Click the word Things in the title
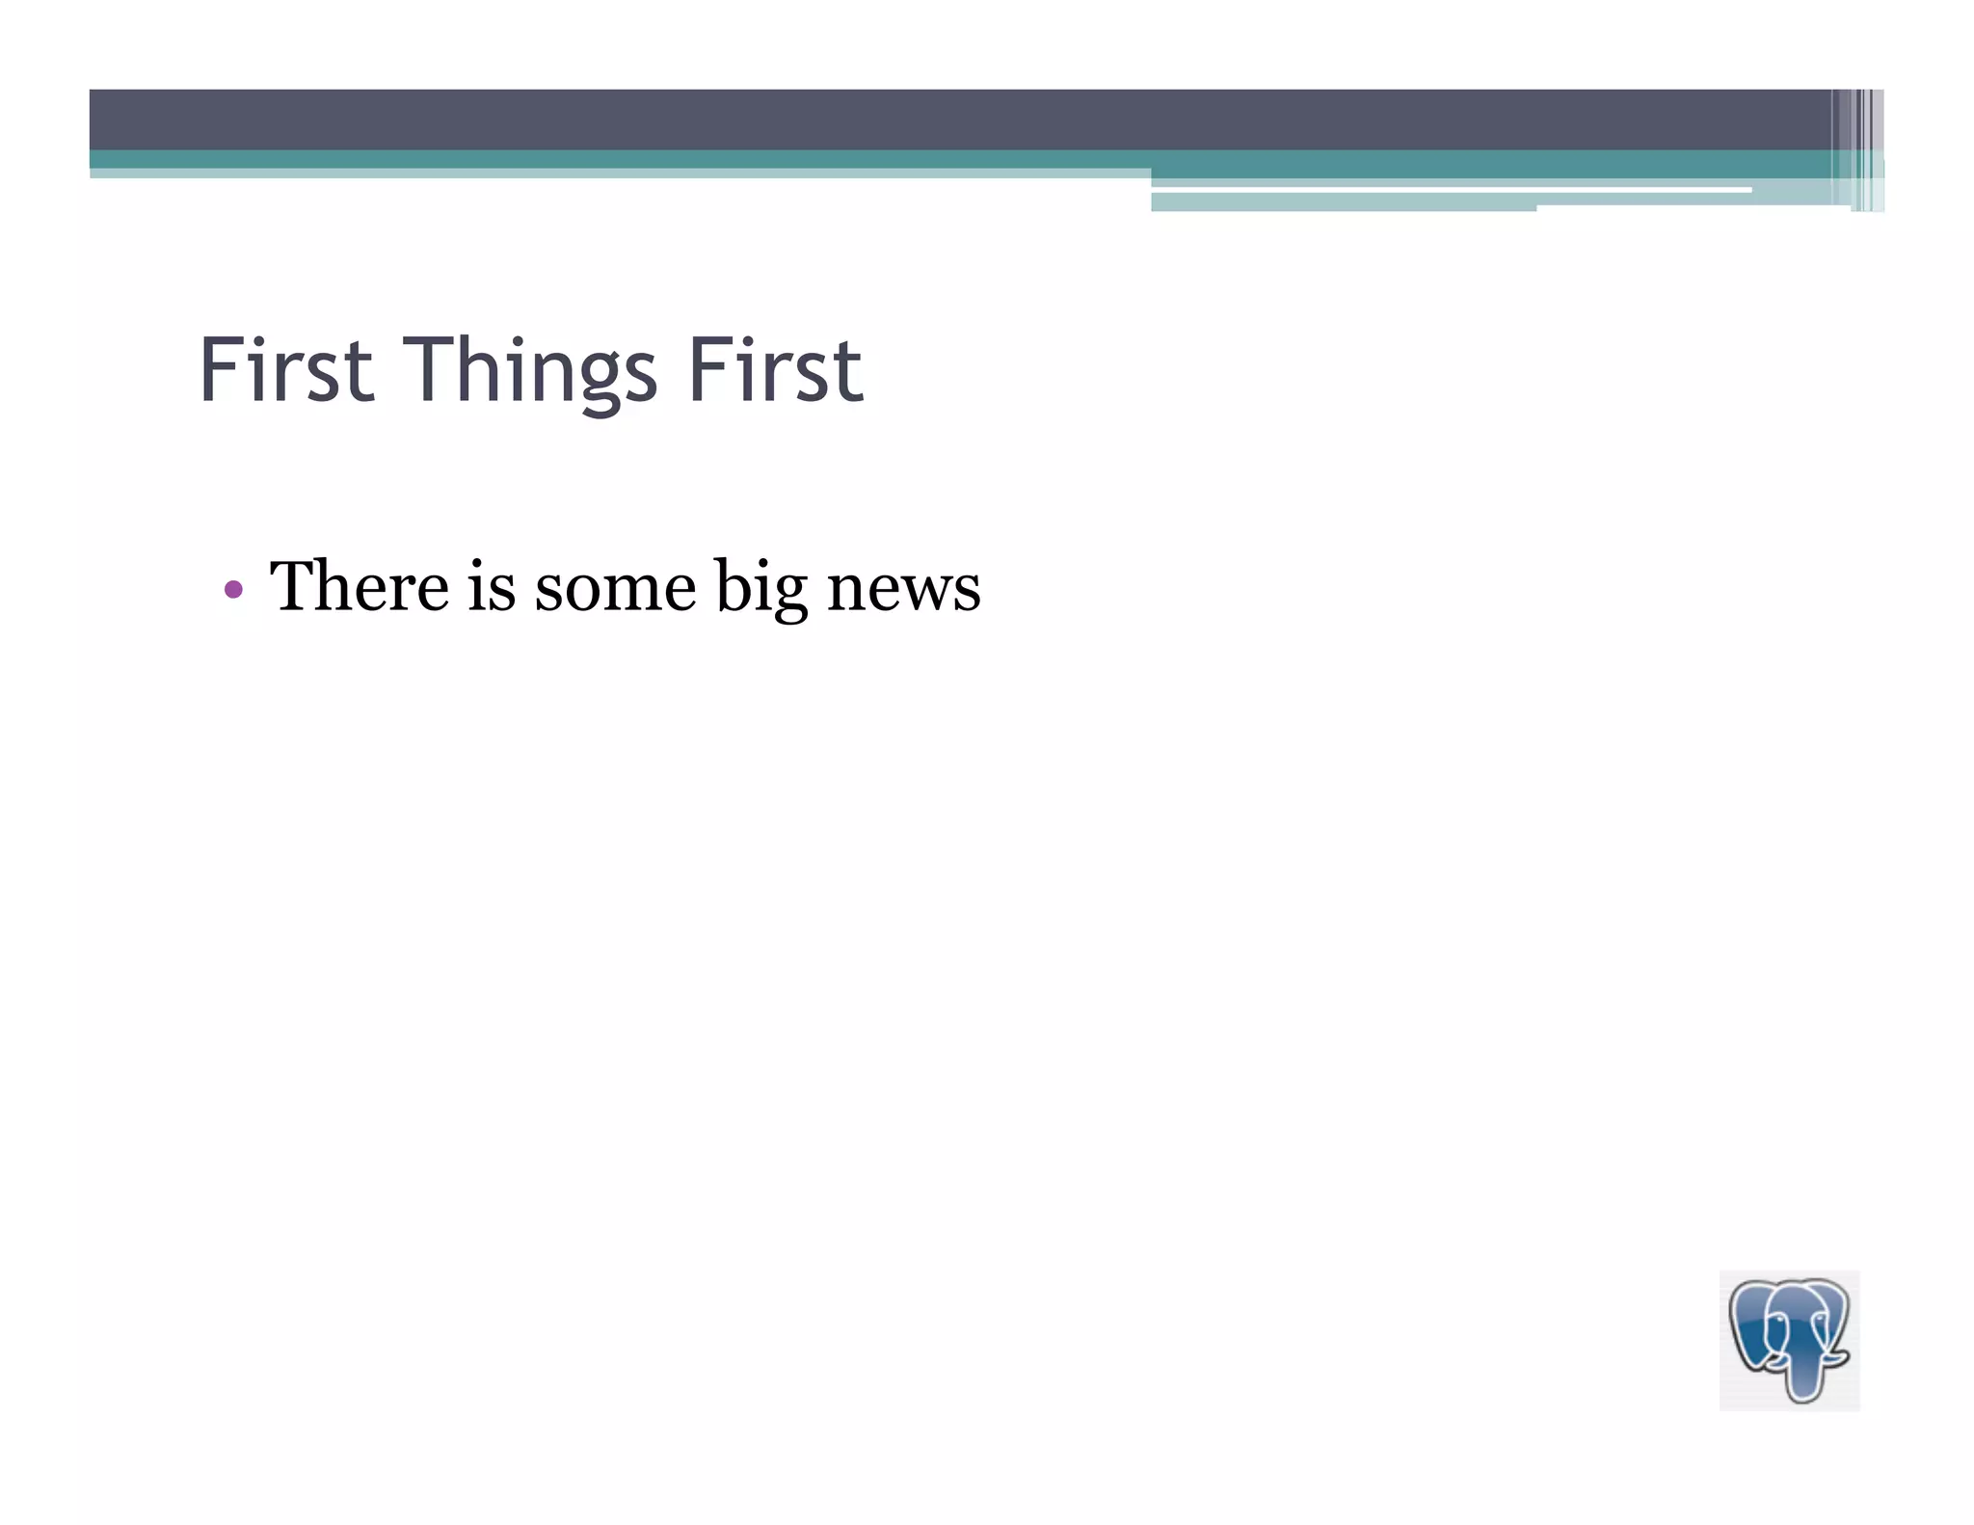tap(536, 372)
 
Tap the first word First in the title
tap(286, 370)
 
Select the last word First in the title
tap(774, 370)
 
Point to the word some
tap(615, 588)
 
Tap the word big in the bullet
tap(760, 588)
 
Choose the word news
tap(903, 588)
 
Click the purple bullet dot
tap(233, 588)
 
